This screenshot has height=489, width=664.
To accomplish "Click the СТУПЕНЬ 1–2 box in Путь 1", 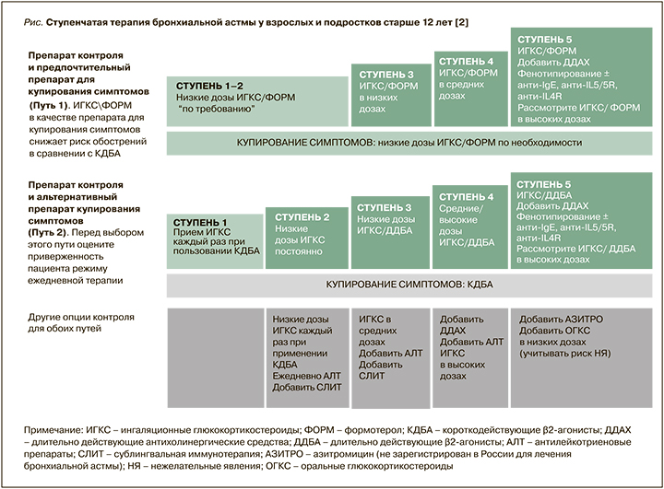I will click(x=256, y=101).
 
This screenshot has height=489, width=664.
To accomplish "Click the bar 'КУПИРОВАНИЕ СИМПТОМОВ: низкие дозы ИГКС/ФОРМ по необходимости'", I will click(x=409, y=144).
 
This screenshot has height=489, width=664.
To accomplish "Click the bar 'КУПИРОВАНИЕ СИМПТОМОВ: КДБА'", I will click(x=409, y=285).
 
